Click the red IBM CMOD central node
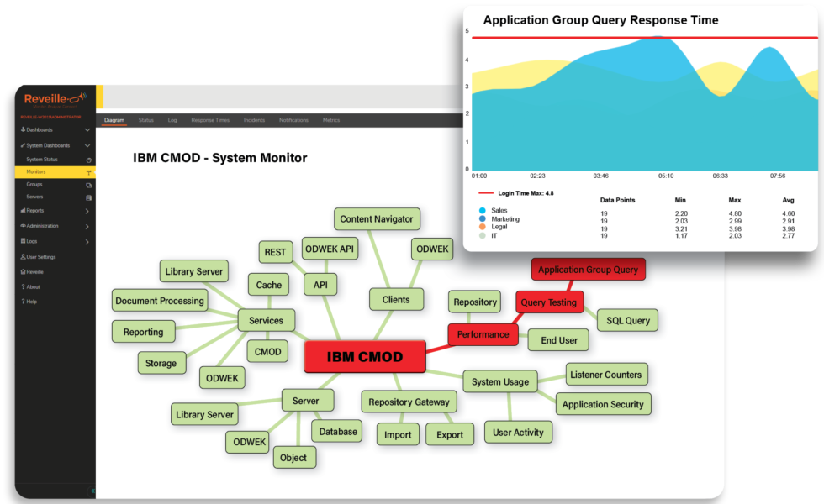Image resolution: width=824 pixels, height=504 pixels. click(365, 356)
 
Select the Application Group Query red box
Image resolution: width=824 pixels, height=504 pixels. click(588, 270)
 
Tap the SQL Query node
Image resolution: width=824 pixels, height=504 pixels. click(626, 320)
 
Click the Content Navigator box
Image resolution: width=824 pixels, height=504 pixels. click(377, 219)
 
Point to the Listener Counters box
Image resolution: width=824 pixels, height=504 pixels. click(605, 375)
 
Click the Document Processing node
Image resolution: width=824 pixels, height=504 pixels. click(160, 301)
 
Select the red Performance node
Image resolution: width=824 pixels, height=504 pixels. click(483, 334)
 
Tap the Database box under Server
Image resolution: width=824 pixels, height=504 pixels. click(337, 431)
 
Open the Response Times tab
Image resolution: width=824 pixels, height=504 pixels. click(210, 120)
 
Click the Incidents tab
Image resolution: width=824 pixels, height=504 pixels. click(254, 120)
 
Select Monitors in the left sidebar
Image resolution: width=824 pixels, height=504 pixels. click(36, 171)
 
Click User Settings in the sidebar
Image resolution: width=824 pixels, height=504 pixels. click(40, 257)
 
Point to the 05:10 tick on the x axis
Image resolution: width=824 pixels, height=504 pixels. click(665, 176)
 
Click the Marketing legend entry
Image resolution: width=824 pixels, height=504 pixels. click(504, 219)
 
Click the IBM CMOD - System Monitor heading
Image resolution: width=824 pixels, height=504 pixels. click(219, 158)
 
